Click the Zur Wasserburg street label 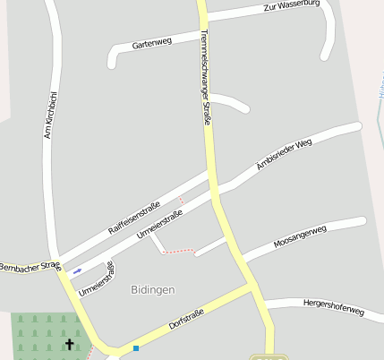click(292, 6)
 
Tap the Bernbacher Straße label click(30, 267)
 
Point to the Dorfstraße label click(186, 321)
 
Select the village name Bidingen click(152, 290)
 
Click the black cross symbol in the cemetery click(71, 343)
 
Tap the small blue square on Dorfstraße click(136, 347)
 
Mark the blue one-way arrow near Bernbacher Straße click(77, 270)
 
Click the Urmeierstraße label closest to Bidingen click(97, 278)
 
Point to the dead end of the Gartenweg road click(112, 64)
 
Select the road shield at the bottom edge click(269, 357)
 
